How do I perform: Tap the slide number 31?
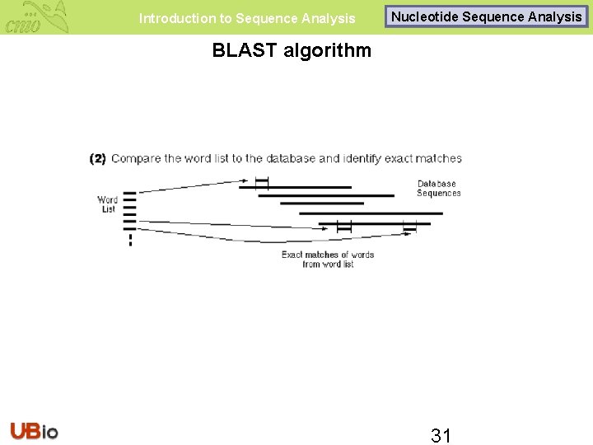point(441,435)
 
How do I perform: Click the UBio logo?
point(34,430)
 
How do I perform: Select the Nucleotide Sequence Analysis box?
point(486,16)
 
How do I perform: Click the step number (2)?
point(98,158)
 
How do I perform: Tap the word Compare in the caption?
point(135,158)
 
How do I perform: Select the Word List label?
point(107,204)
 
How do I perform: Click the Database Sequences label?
point(438,189)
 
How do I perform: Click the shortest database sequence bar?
point(322,203)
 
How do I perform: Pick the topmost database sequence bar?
point(295,187)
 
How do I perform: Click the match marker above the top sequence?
point(261,181)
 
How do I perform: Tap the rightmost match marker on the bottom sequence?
point(409,225)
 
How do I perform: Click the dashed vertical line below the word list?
point(130,240)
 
